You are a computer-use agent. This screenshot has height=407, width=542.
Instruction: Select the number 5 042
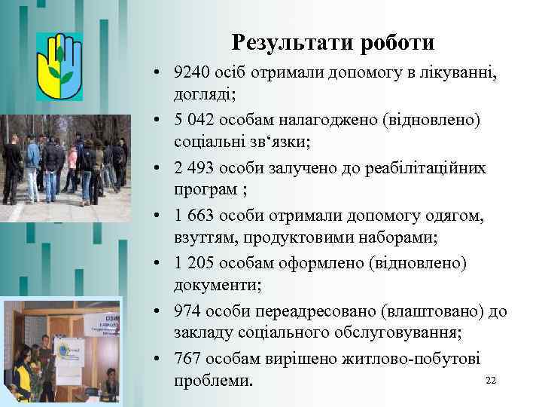point(192,121)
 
